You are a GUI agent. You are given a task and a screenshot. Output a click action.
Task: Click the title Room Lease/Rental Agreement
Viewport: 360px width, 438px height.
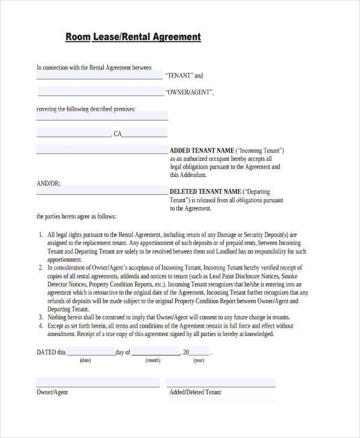click(133, 37)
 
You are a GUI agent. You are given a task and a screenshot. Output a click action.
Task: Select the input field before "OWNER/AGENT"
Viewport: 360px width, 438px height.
click(101, 92)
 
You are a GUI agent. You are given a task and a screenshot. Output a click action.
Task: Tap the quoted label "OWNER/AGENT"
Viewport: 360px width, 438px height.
click(188, 93)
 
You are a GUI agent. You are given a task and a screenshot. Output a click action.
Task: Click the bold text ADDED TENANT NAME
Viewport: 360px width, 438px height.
click(202, 150)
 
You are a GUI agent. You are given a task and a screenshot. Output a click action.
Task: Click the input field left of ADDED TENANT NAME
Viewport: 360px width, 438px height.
click(102, 150)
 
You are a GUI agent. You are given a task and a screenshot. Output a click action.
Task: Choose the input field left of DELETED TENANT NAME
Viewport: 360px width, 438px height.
click(102, 191)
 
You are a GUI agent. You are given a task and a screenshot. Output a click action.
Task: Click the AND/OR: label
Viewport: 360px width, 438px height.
click(48, 183)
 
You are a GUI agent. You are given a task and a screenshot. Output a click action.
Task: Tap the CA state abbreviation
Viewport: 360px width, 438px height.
click(118, 134)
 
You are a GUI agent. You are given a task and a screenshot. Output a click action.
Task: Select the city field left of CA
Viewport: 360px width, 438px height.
click(74, 133)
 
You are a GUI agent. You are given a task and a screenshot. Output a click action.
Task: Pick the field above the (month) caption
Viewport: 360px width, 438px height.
click(154, 352)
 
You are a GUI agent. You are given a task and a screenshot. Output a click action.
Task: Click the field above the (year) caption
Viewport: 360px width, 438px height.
click(199, 352)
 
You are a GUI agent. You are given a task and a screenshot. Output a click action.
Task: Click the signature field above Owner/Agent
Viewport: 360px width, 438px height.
click(98, 382)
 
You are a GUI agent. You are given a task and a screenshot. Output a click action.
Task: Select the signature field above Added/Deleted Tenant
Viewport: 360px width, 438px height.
click(221, 382)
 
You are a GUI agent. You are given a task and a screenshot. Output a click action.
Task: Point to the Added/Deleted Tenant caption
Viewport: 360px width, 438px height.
click(195, 392)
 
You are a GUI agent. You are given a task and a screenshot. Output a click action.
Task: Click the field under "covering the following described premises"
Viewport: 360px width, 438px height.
click(102, 115)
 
